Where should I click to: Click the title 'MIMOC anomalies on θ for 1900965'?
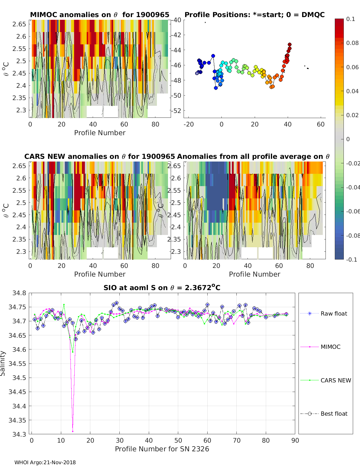(x=100, y=15)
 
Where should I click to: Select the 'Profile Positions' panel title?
(x=254, y=15)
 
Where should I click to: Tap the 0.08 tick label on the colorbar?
(x=352, y=43)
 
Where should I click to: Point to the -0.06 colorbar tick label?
(x=353, y=211)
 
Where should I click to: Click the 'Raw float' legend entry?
(x=334, y=313)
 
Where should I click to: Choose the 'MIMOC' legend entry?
(x=330, y=347)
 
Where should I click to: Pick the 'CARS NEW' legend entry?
(x=335, y=380)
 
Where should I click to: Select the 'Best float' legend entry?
(x=334, y=414)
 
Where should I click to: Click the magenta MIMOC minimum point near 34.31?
(x=73, y=431)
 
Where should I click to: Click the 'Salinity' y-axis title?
(x=3, y=363)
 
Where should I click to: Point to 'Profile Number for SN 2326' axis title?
(x=162, y=449)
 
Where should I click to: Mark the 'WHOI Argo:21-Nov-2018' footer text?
(x=45, y=462)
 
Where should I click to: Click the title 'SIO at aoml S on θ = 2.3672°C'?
(x=162, y=288)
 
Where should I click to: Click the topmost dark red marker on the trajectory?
(x=290, y=44)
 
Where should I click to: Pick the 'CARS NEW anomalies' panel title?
(x=100, y=156)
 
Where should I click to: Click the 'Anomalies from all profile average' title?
(x=253, y=156)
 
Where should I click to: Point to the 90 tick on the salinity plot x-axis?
(x=295, y=440)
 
